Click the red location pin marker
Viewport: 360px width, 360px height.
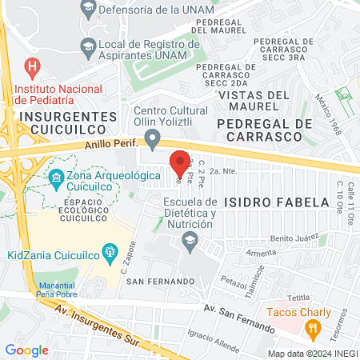180,161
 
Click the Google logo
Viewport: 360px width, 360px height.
26,350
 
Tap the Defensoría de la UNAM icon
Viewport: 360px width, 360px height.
87,8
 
